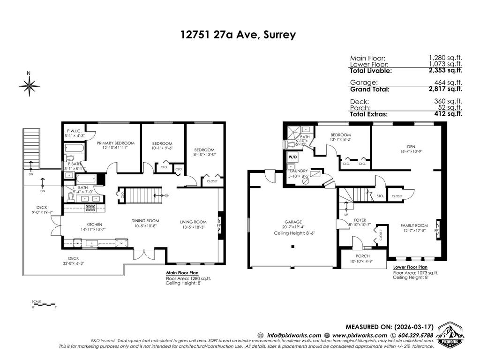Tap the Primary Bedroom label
pos(115,143)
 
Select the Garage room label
pos(293,222)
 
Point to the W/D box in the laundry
pos(292,157)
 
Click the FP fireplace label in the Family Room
pos(436,231)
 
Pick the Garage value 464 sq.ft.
pos(448,82)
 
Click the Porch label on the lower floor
pos(362,256)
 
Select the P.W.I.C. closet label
pos(74,131)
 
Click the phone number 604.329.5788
pos(412,335)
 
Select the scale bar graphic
pos(43,305)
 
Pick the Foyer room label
pos(360,219)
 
